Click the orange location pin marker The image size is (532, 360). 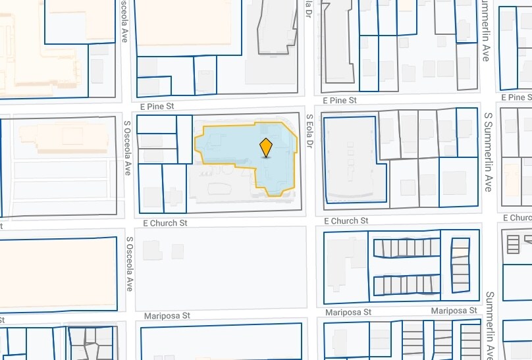point(266,147)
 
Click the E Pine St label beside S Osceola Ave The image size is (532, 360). point(159,105)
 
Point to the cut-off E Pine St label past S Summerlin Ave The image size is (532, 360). point(516,97)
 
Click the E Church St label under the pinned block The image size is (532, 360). point(160,223)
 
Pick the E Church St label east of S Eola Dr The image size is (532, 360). point(346,221)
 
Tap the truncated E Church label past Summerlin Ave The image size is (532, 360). point(517,218)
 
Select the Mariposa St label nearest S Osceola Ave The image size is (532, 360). point(167,316)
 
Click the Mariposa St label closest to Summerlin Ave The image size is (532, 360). point(454,311)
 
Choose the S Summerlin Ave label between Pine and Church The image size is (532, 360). point(488,151)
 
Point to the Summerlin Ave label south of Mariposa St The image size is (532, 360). point(489,325)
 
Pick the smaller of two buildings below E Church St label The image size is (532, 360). point(178,251)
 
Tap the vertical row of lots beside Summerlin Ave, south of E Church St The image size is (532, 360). point(460,265)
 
